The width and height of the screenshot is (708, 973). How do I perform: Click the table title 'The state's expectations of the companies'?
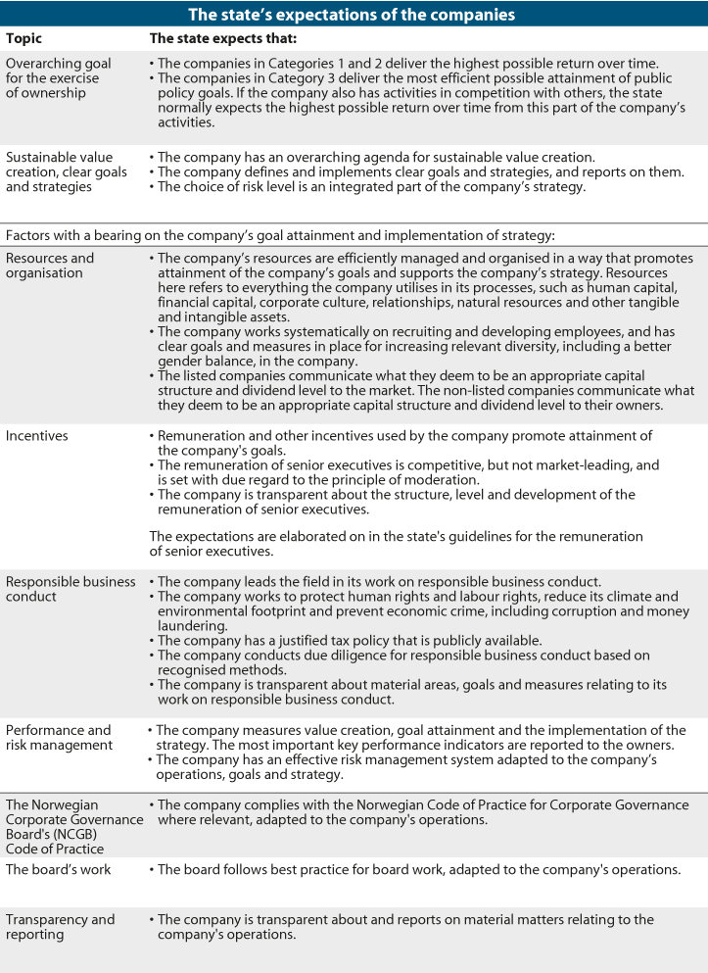[x=354, y=15]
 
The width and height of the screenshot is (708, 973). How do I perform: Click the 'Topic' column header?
[x=24, y=39]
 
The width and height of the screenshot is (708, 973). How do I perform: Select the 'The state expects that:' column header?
[x=223, y=39]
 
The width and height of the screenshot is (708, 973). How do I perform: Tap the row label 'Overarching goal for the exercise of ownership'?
[x=59, y=78]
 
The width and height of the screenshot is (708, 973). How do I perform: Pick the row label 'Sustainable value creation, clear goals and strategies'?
[x=60, y=171]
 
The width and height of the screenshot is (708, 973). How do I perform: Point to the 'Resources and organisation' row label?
[x=50, y=266]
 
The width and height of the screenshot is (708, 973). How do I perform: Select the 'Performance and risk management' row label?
[x=59, y=738]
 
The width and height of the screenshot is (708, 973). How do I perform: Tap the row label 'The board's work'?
[x=59, y=869]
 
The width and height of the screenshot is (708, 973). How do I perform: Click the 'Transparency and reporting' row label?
[x=61, y=927]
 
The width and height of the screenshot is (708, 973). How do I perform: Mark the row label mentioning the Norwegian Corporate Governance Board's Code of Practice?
[x=73, y=827]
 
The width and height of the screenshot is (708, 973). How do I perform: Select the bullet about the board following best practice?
[x=419, y=869]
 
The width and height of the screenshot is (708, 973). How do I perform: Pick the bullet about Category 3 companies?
[x=421, y=93]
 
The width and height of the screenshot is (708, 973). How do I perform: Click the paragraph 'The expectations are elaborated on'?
[x=396, y=543]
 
